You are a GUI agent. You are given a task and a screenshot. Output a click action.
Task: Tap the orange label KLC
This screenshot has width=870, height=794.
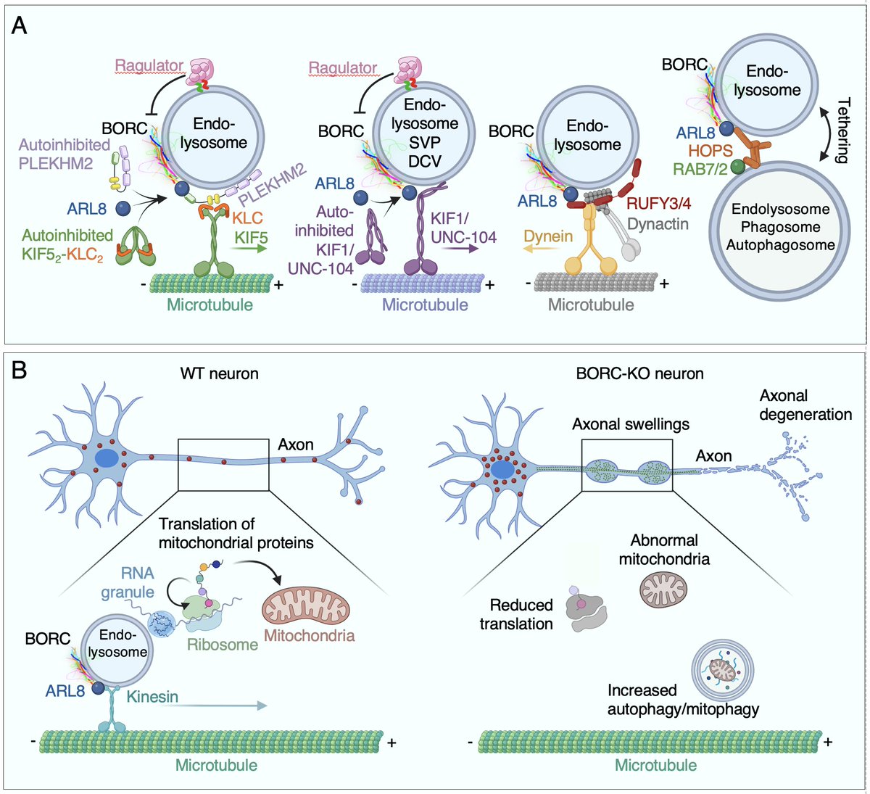pos(249,217)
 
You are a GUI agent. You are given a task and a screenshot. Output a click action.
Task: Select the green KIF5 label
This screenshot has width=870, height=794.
pos(249,236)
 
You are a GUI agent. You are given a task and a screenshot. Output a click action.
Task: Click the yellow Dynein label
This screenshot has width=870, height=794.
pos(548,236)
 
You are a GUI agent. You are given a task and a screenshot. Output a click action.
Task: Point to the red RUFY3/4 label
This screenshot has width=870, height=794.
pos(658,204)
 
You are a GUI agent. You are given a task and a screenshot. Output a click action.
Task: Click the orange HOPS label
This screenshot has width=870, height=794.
pos(711,152)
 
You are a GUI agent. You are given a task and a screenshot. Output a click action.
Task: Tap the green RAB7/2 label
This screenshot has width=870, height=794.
pos(699,170)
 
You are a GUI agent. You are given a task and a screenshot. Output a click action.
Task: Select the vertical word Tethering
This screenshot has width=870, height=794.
pos(842,131)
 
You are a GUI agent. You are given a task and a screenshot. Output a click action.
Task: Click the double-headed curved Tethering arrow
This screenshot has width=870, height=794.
pos(824,131)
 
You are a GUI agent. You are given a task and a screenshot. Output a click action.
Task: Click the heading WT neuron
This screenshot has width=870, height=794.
pos(219,374)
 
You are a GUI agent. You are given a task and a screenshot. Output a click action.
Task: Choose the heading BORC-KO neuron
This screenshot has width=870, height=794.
pos(641,374)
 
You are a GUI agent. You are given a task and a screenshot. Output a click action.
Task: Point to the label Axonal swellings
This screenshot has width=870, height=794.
pos(631,424)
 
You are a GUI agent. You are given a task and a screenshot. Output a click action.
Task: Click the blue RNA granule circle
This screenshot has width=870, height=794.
pos(161,622)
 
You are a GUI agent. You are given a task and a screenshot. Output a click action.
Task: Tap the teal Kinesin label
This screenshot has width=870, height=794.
pos(152,697)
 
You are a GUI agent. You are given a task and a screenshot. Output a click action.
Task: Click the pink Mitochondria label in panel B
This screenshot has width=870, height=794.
pos(309,636)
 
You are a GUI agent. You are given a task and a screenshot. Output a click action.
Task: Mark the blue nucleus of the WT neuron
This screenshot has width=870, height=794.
pos(107,460)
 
